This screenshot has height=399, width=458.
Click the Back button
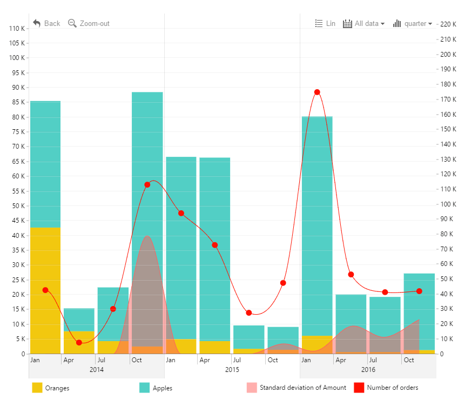pyautogui.click(x=46, y=23)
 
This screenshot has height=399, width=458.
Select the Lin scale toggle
pyautogui.click(x=325, y=23)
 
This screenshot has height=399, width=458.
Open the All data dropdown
pyautogui.click(x=364, y=23)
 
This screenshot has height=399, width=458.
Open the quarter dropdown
pyautogui.click(x=413, y=23)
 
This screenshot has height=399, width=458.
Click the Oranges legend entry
pyautogui.click(x=51, y=388)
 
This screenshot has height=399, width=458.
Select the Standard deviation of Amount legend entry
pyautogui.click(x=297, y=388)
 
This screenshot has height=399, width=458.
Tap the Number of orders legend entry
pyautogui.click(x=386, y=388)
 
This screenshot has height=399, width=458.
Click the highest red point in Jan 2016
pyautogui.click(x=317, y=92)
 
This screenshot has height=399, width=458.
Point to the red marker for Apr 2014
pyautogui.click(x=79, y=342)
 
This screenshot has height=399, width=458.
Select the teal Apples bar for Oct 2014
pyautogui.click(x=147, y=162)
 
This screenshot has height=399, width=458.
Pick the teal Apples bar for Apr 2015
pyautogui.click(x=215, y=243)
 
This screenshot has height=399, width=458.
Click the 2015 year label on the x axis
pyautogui.click(x=232, y=370)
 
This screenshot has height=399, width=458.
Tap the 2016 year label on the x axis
pyautogui.click(x=368, y=370)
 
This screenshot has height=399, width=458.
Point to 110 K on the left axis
pyautogui.click(x=16, y=28)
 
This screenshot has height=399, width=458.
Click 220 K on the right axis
pyautogui.click(x=448, y=24)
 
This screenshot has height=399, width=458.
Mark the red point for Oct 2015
pyautogui.click(x=283, y=283)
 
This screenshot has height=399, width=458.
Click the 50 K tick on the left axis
pyautogui.click(x=17, y=206)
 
